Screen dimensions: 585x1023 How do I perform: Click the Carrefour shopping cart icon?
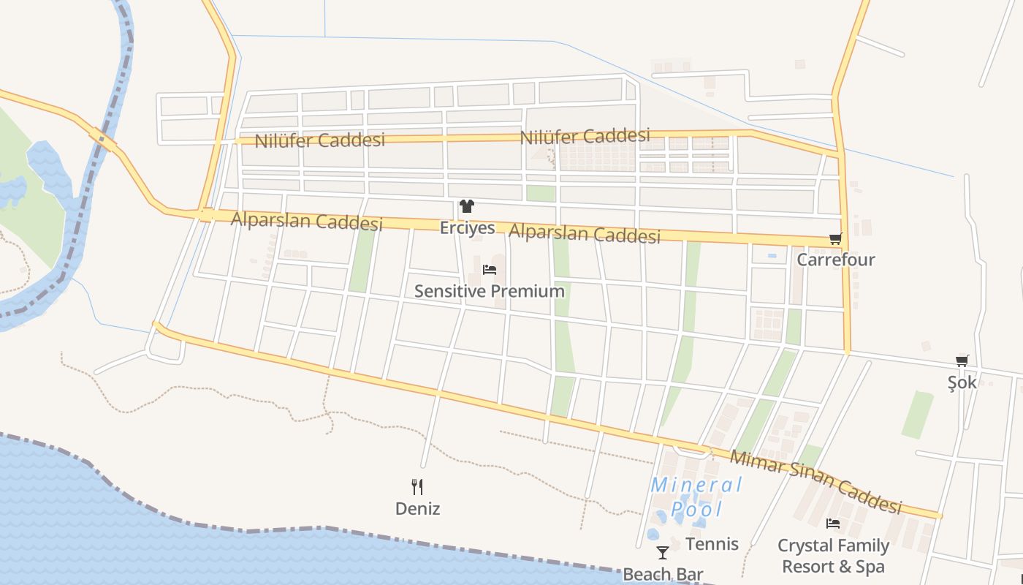tap(835, 238)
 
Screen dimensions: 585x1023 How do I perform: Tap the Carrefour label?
tap(835, 260)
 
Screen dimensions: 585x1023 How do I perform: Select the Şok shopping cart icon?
tap(962, 361)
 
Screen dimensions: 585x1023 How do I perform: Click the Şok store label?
tap(962, 382)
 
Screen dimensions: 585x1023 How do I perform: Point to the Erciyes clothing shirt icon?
tap(467, 207)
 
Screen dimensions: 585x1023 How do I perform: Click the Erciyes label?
tap(467, 228)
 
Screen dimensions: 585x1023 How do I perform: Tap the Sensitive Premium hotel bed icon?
tap(490, 270)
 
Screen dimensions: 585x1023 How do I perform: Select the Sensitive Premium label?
tap(490, 291)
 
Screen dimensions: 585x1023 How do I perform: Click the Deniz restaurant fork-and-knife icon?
tap(417, 487)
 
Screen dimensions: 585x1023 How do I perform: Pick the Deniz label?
tap(417, 508)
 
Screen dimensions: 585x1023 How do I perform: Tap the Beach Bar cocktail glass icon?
tap(663, 553)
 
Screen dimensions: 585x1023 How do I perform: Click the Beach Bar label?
tap(663, 574)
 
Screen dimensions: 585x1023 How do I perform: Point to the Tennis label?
tap(712, 544)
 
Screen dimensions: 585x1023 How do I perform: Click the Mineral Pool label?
tap(696, 497)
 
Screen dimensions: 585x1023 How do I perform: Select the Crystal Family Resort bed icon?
tap(832, 524)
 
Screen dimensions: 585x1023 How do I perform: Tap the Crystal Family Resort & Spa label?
tap(833, 556)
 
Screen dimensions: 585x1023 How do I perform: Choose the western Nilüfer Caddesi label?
tap(319, 140)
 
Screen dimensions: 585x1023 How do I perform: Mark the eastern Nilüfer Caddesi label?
tap(585, 136)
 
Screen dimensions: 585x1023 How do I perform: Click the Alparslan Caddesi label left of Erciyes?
tap(306, 220)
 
